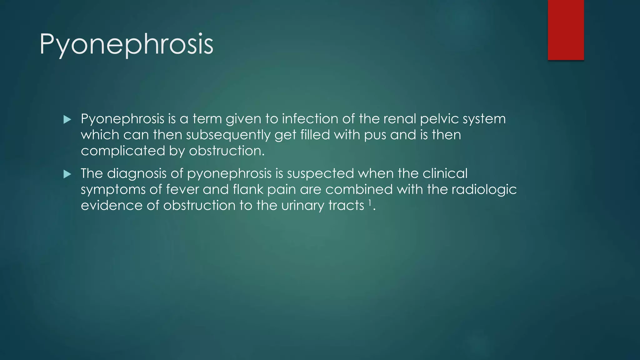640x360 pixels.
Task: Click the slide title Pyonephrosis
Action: point(126,44)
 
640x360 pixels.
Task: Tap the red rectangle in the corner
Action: point(566,30)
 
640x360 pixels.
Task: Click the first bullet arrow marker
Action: point(67,119)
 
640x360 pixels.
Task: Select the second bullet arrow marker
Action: point(67,174)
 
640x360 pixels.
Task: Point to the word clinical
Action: point(445,173)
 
